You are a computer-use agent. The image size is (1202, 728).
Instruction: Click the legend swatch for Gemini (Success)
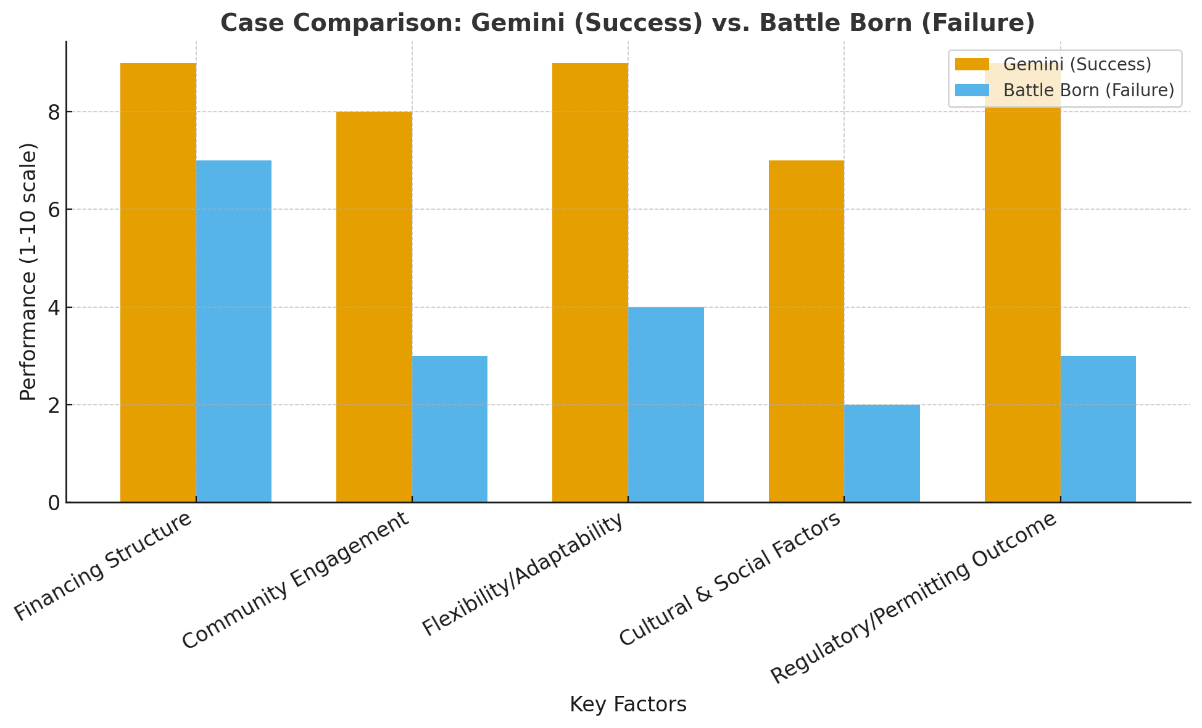click(972, 64)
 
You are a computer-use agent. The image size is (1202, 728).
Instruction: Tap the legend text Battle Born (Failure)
click(1088, 90)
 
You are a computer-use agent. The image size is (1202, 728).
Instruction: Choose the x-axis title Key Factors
click(628, 704)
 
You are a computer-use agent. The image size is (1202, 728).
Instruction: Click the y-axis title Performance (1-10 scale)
click(28, 271)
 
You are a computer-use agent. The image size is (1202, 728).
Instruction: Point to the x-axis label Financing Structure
click(104, 566)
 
